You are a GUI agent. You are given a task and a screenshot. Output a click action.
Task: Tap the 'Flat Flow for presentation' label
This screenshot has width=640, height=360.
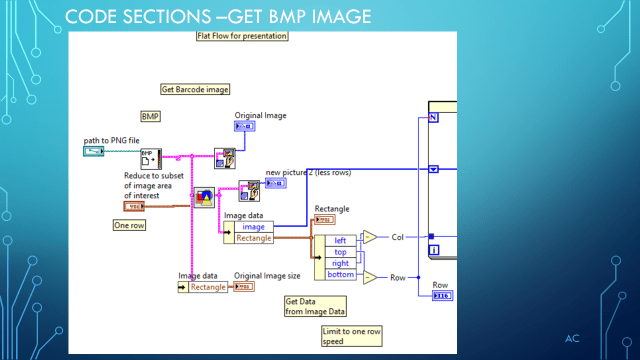click(x=242, y=36)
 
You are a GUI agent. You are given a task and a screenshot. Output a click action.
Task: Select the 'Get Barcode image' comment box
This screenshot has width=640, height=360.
click(x=195, y=89)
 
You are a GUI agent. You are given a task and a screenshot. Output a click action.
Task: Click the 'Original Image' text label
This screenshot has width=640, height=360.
click(x=260, y=116)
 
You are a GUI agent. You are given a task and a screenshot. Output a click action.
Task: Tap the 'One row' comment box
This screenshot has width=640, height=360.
click(x=130, y=225)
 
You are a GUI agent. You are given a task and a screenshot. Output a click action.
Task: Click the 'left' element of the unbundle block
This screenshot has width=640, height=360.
click(x=339, y=240)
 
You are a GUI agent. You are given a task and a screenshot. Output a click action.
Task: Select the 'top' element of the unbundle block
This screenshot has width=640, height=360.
click(x=339, y=251)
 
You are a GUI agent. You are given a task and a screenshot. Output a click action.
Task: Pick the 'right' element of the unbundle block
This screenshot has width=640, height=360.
click(x=339, y=263)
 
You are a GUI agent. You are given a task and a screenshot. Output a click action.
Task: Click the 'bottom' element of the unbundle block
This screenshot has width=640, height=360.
click(x=339, y=274)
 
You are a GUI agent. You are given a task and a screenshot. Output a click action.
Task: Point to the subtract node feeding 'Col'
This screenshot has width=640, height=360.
click(x=370, y=237)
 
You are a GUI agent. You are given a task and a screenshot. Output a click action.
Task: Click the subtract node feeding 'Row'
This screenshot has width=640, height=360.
click(x=370, y=277)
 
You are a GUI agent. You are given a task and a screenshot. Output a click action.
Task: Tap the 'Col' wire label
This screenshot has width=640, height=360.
click(x=397, y=237)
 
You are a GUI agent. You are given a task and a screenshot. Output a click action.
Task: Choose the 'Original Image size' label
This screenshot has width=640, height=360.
click(x=266, y=275)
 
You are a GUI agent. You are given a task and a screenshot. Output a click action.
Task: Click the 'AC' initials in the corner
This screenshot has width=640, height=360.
click(x=572, y=339)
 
